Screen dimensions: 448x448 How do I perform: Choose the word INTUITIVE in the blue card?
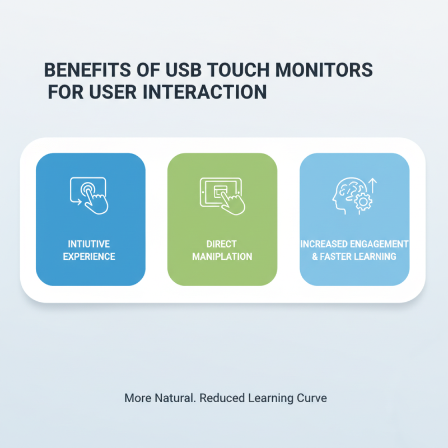click(91, 245)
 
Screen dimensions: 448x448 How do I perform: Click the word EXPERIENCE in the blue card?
click(91, 256)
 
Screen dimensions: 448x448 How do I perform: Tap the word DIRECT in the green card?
click(222, 245)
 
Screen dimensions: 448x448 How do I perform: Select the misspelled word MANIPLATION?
click(222, 256)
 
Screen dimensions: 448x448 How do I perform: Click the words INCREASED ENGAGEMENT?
click(354, 245)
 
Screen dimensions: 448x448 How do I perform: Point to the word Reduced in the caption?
click(221, 399)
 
